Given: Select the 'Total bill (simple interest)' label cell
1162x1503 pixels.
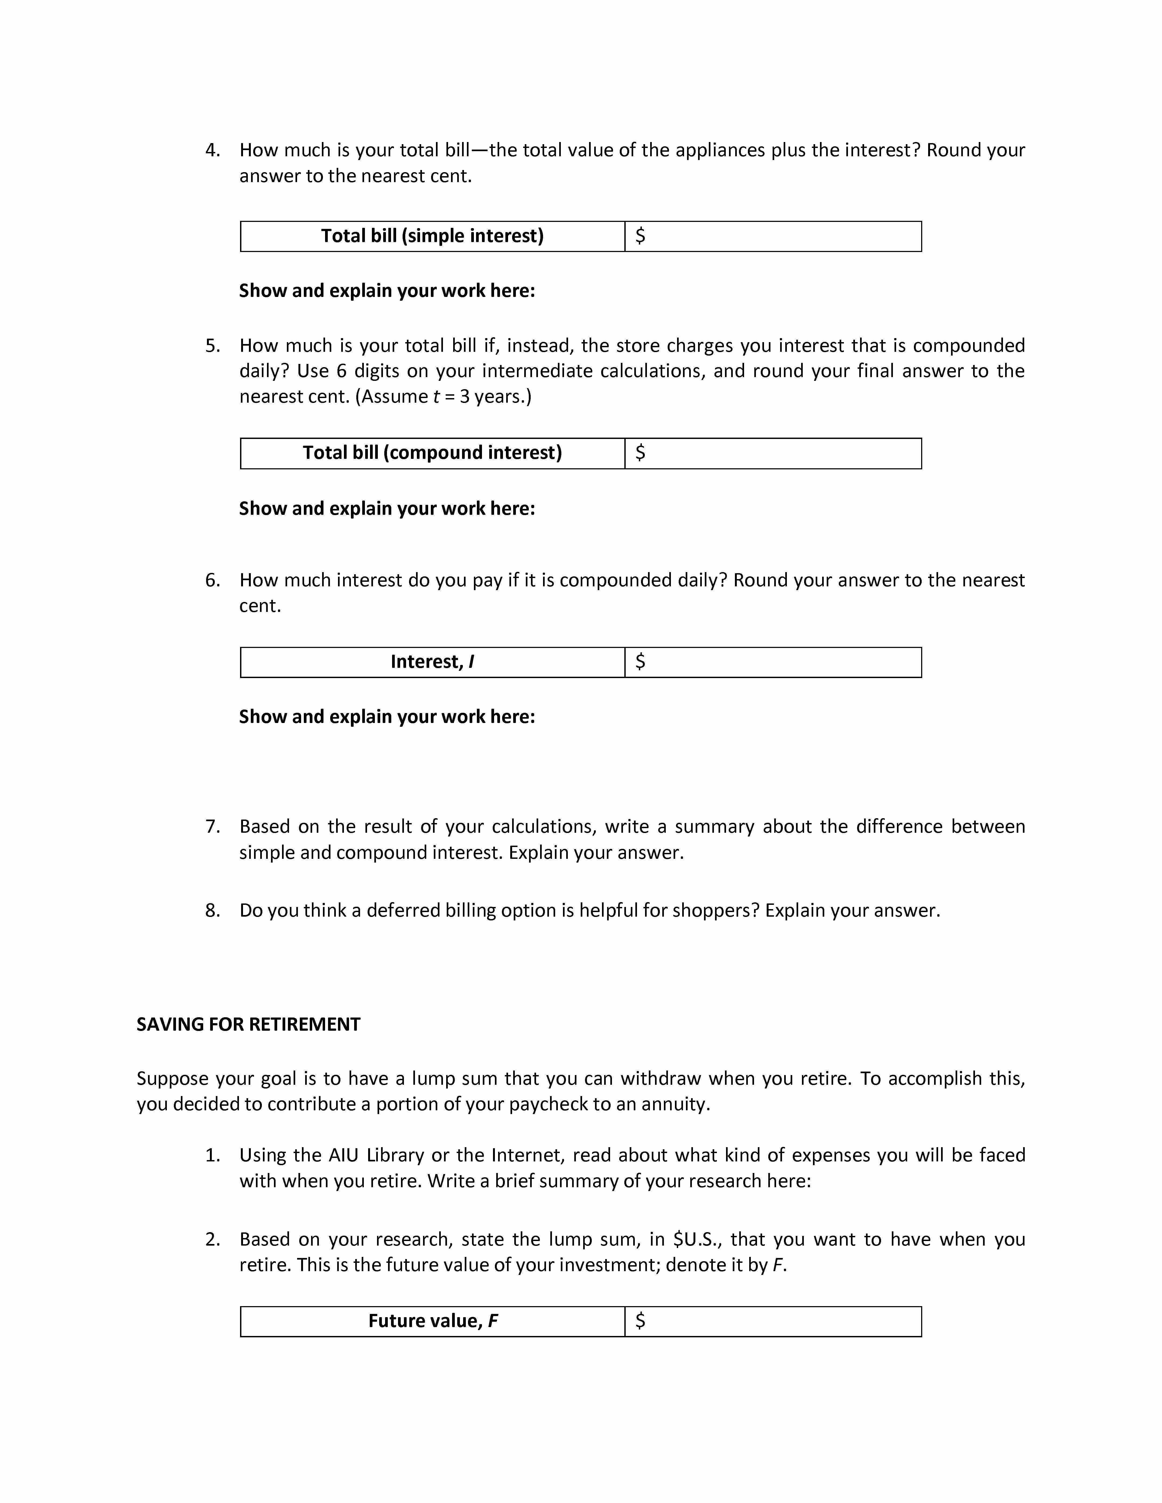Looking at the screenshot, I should click(x=432, y=236).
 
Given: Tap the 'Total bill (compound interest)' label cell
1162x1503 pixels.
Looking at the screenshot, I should click(x=432, y=453).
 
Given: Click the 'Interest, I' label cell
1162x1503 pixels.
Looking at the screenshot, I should click(x=432, y=662).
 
